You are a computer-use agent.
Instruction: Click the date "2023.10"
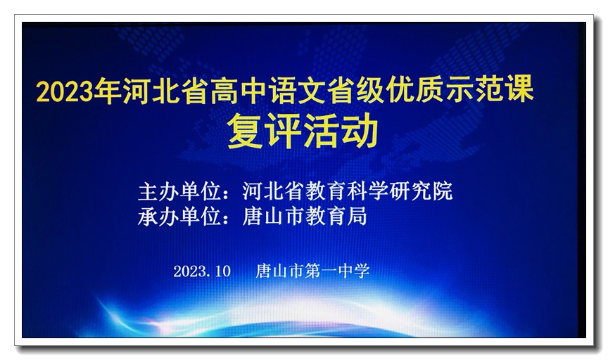coord(202,271)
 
